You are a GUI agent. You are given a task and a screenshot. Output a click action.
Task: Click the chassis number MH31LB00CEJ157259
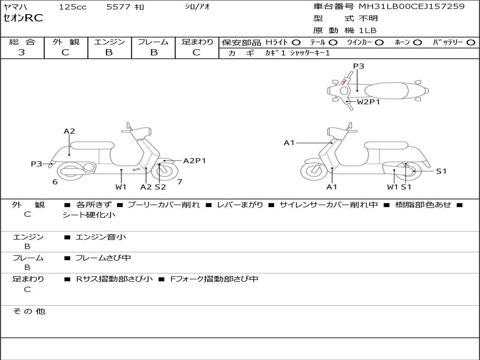412,7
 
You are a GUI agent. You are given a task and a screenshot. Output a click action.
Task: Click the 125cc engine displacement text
72,7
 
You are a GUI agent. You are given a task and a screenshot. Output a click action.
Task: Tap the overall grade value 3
22,52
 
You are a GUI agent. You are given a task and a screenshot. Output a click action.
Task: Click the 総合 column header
22,42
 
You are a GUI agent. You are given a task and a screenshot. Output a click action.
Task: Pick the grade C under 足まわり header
196,52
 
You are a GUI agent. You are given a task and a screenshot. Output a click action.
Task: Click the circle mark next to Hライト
296,42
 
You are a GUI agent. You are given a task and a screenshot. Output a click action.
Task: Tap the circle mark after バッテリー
471,42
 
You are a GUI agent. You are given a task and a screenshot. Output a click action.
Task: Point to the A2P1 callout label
195,161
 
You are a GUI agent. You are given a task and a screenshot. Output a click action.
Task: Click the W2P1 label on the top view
368,102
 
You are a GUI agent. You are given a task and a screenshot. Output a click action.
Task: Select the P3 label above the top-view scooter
359,66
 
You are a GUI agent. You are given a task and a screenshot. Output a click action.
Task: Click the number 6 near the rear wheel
55,182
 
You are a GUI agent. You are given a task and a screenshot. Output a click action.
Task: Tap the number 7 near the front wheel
180,182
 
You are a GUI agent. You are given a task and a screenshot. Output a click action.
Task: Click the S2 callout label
160,187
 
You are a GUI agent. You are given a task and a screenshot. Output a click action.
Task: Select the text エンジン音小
101,237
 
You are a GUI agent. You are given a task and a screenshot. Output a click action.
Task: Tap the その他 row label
29,311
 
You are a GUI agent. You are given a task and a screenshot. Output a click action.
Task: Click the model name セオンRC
23,18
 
